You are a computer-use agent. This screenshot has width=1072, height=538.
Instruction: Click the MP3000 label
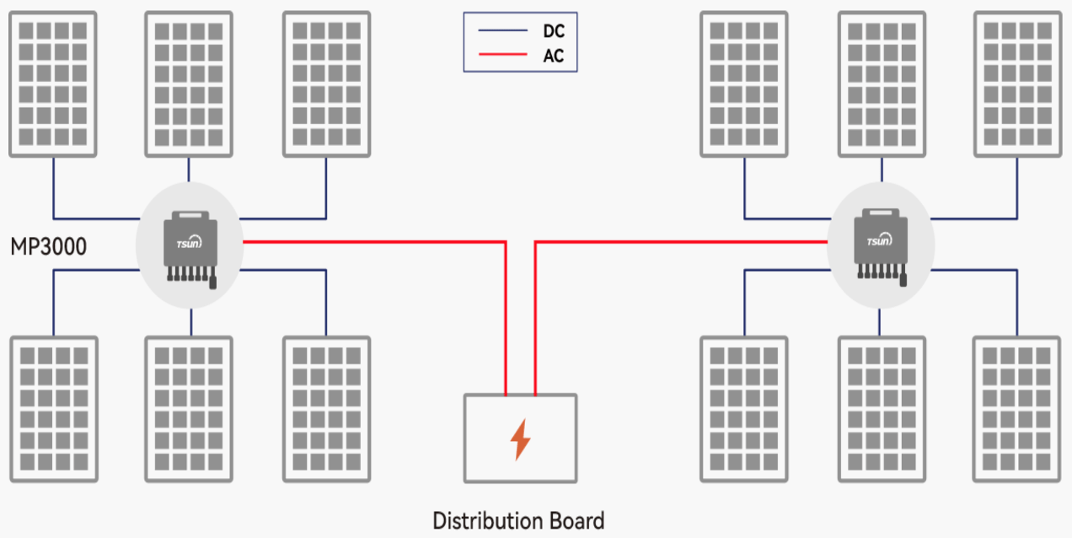point(48,247)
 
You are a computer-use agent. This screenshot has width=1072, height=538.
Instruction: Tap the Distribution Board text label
point(518,520)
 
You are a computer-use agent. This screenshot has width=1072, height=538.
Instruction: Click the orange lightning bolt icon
point(520,439)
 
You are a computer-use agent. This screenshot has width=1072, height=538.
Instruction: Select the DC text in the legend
point(554,31)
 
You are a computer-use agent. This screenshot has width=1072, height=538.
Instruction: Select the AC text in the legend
point(554,57)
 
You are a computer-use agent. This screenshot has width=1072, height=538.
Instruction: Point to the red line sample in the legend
point(503,57)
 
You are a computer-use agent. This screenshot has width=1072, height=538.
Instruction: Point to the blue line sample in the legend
point(503,31)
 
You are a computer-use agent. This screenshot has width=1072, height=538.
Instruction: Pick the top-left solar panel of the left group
point(53,84)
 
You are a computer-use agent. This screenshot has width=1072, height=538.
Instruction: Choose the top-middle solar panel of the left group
point(189,84)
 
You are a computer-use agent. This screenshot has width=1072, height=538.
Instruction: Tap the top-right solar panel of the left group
point(326,84)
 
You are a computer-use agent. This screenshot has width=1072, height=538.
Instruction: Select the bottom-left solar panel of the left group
point(53,409)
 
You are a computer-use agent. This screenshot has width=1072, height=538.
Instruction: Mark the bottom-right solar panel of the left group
point(326,409)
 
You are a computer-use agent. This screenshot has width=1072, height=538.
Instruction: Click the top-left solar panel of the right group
point(744,84)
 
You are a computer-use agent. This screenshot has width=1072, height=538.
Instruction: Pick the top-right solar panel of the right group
point(1017,84)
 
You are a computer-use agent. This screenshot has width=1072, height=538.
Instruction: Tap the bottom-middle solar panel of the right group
point(881,409)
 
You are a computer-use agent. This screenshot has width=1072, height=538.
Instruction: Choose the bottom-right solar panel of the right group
point(1017,409)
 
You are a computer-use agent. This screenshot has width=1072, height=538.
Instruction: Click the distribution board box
point(520,438)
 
